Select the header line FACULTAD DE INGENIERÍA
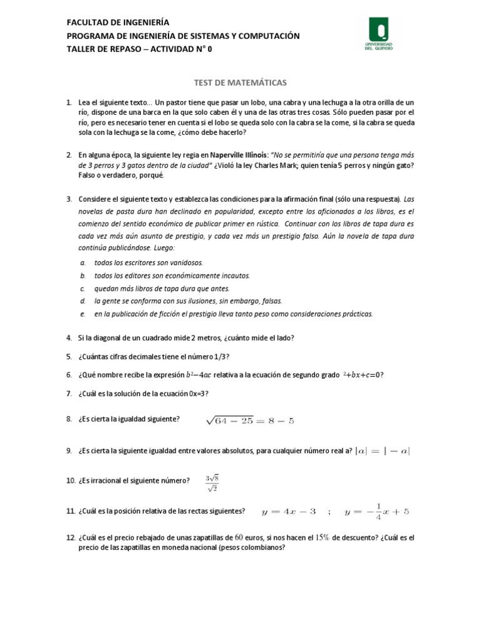click(x=118, y=23)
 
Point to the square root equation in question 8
click(x=249, y=421)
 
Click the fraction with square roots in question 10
click(x=211, y=483)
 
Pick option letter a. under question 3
click(x=83, y=263)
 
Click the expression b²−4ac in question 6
click(x=199, y=375)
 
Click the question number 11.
click(x=70, y=512)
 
